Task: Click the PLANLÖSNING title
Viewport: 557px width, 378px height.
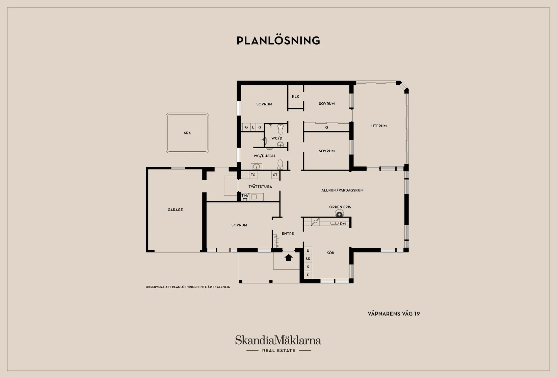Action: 278,41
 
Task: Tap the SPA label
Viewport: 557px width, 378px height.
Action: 187,133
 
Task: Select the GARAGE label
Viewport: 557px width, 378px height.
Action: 175,210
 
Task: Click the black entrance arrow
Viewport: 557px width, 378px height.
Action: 288,257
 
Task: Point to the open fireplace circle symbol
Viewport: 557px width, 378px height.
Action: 339,214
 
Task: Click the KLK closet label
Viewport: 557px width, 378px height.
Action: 295,97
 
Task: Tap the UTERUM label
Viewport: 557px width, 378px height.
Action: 379,126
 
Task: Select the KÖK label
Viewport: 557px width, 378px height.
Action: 330,253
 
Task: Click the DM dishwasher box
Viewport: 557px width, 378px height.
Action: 343,224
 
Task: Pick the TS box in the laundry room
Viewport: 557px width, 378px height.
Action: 253,175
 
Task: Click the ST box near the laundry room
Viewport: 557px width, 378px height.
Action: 275,175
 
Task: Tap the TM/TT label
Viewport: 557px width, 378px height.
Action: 245,197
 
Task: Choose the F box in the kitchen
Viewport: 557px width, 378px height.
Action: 308,275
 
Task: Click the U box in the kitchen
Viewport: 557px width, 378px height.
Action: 308,251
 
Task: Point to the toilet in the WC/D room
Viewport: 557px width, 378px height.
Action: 281,129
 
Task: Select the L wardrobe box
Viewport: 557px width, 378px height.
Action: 253,127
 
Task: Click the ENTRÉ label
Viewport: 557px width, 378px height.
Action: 288,233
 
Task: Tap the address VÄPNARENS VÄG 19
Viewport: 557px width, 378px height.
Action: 394,314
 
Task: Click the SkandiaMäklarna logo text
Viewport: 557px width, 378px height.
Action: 278,340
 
